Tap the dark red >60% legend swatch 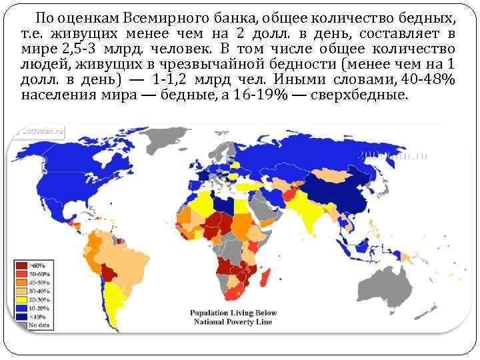click(x=20, y=265)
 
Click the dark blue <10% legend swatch click(x=20, y=317)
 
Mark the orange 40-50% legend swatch click(x=20, y=282)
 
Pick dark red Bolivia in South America click(x=108, y=272)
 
